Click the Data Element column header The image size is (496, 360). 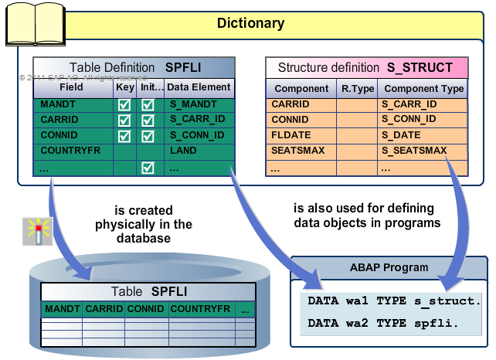(197, 88)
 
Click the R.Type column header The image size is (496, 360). (357, 89)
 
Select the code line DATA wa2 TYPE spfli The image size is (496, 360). (382, 323)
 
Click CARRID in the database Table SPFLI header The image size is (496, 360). (104, 310)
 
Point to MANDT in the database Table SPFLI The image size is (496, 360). (63, 310)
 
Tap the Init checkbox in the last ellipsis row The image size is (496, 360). (148, 168)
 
